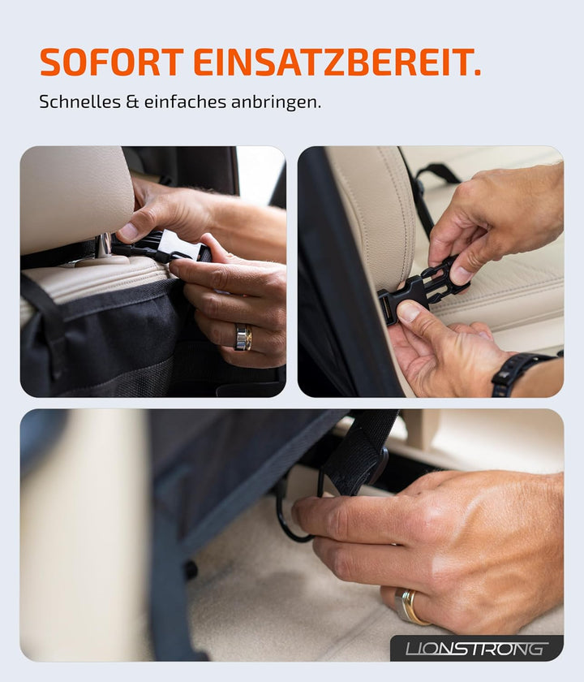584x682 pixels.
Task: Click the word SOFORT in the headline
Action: pyautogui.click(x=112, y=63)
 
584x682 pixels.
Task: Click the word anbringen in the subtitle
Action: pyautogui.click(x=275, y=103)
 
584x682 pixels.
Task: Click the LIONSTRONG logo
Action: pyautogui.click(x=476, y=648)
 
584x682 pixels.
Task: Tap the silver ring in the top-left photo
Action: pyautogui.click(x=243, y=337)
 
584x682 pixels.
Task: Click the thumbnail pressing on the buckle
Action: pyautogui.click(x=410, y=310)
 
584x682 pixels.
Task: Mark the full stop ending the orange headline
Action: pyautogui.click(x=476, y=73)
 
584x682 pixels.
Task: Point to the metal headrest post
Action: pyautogui.click(x=104, y=246)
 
